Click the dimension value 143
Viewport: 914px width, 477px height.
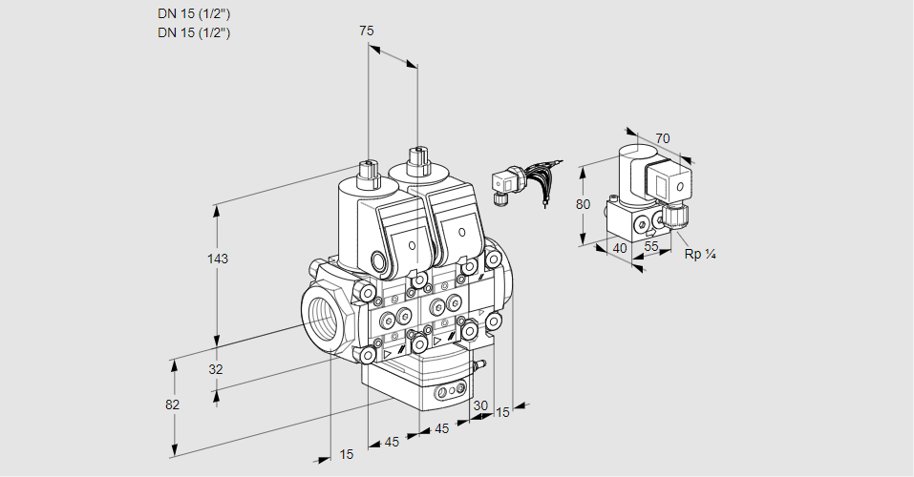click(x=219, y=259)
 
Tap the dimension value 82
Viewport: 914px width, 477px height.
click(x=172, y=404)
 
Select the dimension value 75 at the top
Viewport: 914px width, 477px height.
click(x=366, y=31)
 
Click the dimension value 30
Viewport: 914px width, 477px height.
click(x=479, y=405)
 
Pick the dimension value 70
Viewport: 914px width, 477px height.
click(x=663, y=138)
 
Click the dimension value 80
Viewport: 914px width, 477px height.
click(x=584, y=204)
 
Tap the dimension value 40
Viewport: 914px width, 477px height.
click(x=620, y=248)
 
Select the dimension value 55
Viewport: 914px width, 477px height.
click(x=651, y=247)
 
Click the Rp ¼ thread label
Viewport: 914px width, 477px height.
click(x=700, y=254)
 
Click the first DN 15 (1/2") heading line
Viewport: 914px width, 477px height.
click(x=194, y=14)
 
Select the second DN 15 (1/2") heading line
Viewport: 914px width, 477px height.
click(x=194, y=32)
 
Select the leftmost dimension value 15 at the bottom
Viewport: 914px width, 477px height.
click(x=346, y=454)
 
